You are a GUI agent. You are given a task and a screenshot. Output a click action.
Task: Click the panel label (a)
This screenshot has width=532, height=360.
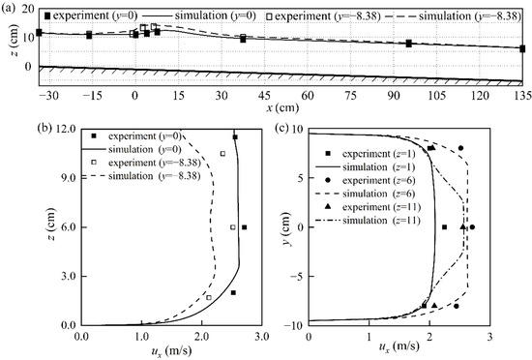[10, 8]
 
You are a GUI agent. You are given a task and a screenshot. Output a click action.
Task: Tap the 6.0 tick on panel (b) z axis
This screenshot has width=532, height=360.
[69, 226]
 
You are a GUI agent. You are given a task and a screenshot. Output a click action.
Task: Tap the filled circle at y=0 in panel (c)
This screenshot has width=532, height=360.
[472, 227]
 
